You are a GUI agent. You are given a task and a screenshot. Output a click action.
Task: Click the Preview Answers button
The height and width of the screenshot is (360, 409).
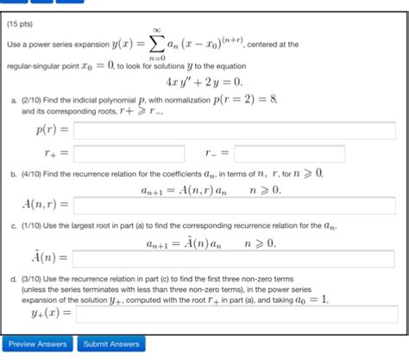coord(37,344)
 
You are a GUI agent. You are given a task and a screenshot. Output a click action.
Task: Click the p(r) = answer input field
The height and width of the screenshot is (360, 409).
coord(234,131)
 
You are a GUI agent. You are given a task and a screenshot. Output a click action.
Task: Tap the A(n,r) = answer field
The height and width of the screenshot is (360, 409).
coord(234,205)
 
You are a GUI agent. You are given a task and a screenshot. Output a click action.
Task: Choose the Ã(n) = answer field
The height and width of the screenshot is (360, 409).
coord(234,257)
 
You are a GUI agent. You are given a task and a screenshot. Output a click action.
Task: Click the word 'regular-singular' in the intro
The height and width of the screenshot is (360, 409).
coord(31,66)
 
